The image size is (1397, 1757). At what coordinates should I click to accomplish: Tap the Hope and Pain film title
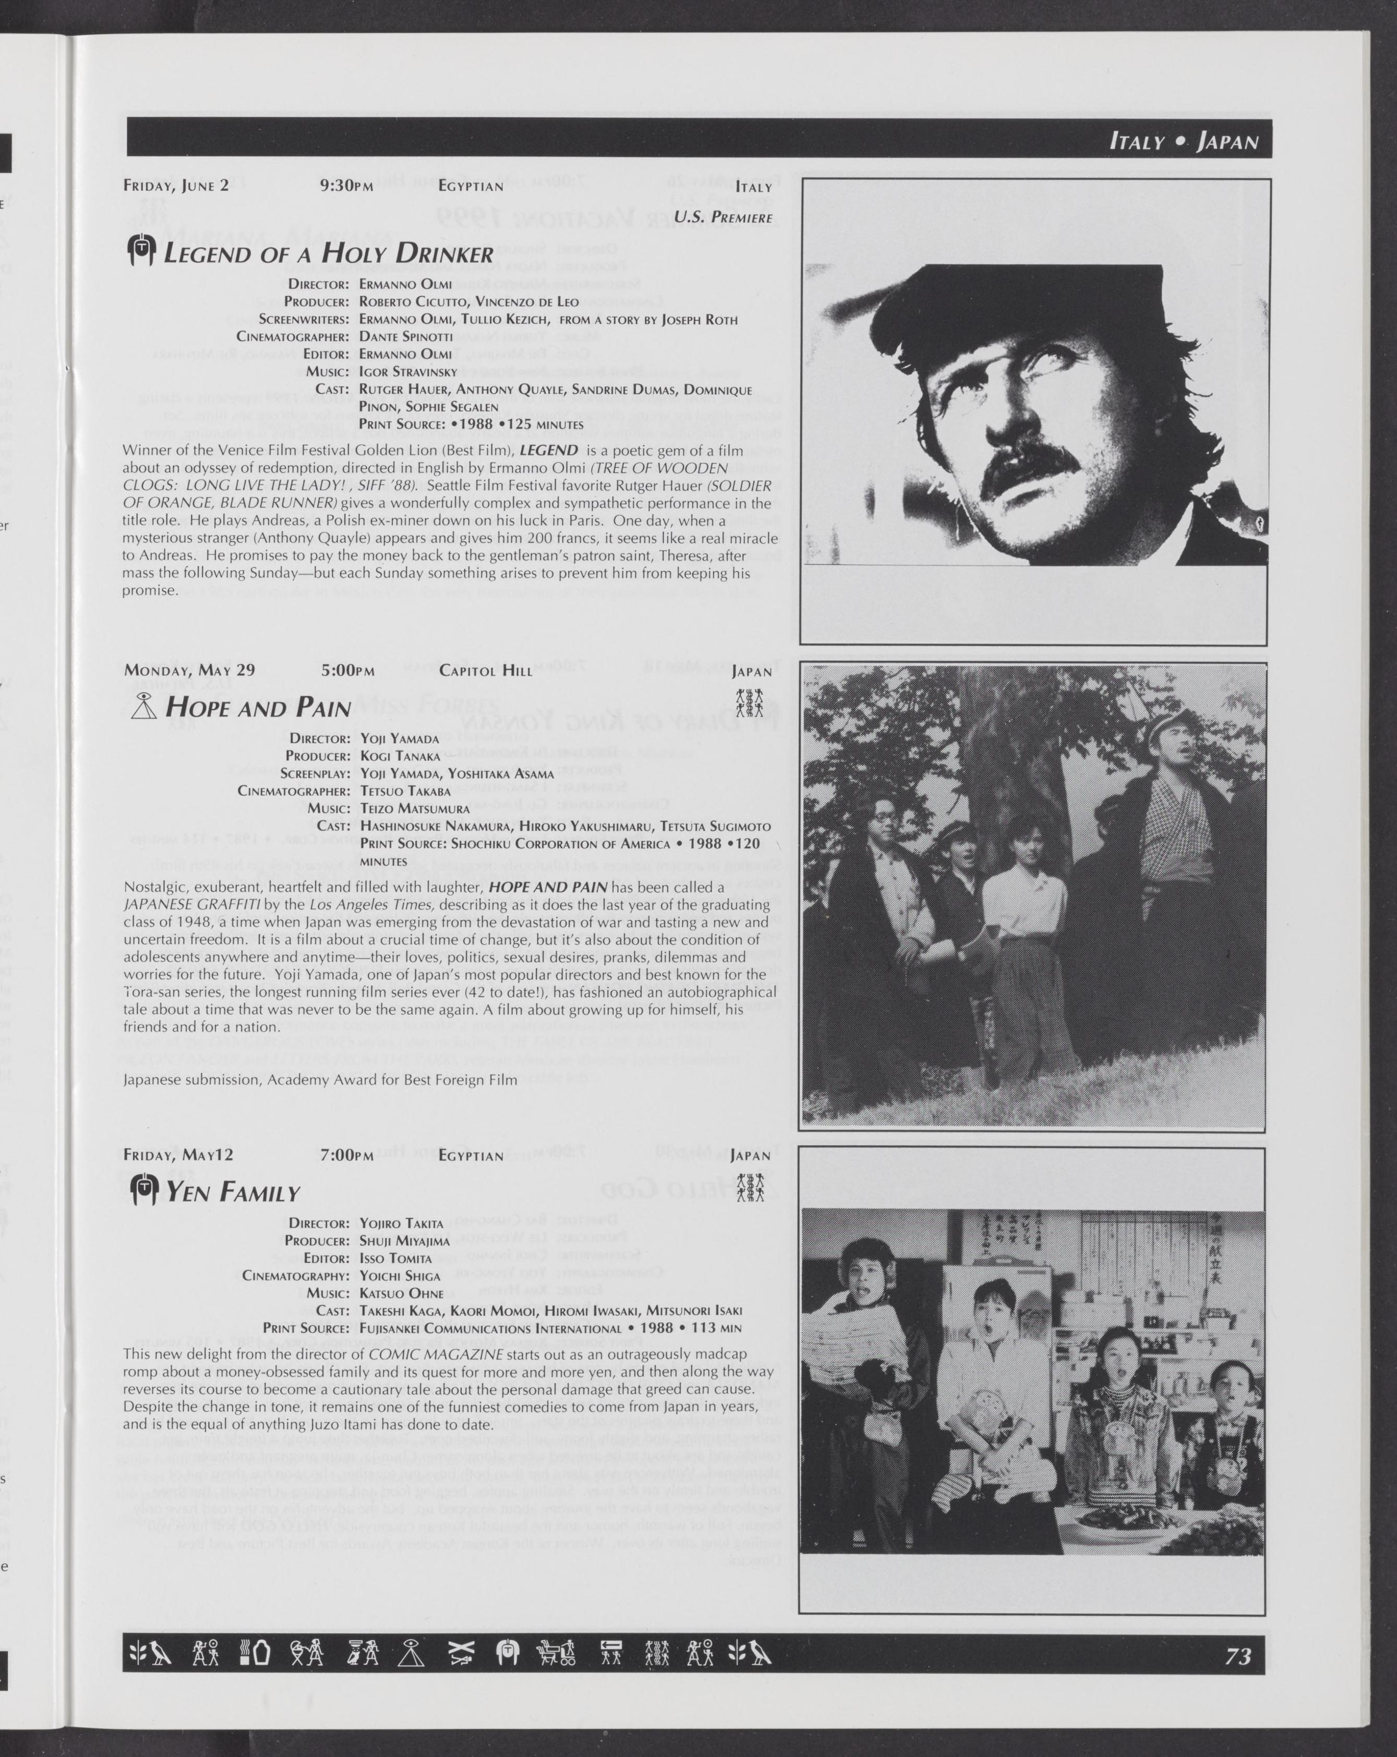pyautogui.click(x=258, y=707)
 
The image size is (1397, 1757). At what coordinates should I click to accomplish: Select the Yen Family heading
pyautogui.click(x=233, y=1193)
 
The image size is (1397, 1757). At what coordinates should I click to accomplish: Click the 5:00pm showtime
pyautogui.click(x=348, y=671)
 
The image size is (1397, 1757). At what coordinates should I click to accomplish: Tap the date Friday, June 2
pyautogui.click(x=176, y=185)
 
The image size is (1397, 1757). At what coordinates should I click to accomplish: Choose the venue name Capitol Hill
pyautogui.click(x=485, y=671)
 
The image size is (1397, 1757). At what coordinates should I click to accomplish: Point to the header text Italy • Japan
pyautogui.click(x=1184, y=142)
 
